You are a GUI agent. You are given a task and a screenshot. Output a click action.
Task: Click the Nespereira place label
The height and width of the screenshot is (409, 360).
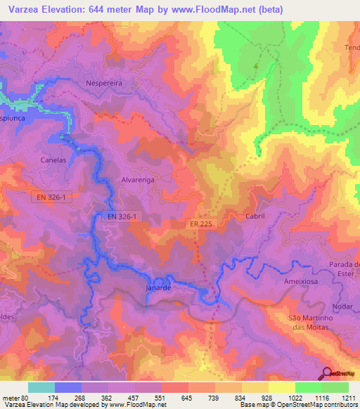104,83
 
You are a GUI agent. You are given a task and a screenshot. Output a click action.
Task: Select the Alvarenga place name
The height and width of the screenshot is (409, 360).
138,180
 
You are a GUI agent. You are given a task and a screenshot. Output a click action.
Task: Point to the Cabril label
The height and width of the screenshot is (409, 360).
255,217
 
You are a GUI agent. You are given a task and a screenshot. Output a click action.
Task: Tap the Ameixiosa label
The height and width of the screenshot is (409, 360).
301,282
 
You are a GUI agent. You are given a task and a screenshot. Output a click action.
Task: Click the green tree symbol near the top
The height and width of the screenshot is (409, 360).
255,67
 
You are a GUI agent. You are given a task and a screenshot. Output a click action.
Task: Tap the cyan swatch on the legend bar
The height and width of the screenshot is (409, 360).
41,387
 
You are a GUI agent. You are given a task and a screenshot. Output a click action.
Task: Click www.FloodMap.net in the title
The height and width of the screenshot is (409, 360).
219,9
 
